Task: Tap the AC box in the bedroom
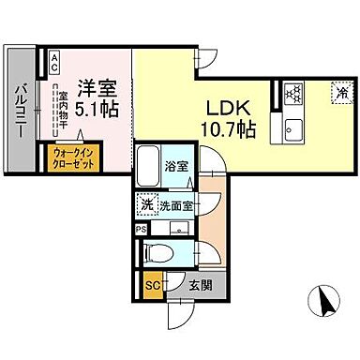tap(53, 64)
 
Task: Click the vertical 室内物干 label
tap(62, 107)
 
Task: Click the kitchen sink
tap(290, 129)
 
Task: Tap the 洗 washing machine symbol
tap(148, 203)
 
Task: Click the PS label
tap(141, 228)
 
